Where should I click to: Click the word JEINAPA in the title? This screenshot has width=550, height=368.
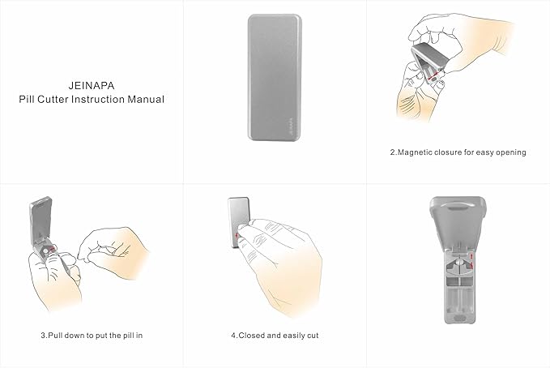(92, 86)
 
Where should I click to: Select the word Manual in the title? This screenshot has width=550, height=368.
(146, 100)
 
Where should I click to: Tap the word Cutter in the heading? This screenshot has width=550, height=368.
(53, 100)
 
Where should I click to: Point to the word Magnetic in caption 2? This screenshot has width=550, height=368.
(415, 152)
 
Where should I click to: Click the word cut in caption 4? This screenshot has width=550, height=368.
(313, 336)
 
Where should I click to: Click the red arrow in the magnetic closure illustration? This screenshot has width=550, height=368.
(433, 75)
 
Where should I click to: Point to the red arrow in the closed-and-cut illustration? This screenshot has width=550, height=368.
(237, 233)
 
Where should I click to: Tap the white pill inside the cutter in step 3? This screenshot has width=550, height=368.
(46, 250)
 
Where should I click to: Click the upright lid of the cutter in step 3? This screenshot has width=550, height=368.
(41, 220)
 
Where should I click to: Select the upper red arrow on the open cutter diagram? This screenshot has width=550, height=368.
(471, 255)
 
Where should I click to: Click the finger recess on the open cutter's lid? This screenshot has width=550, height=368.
(458, 206)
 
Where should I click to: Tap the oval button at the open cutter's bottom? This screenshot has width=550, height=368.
(460, 318)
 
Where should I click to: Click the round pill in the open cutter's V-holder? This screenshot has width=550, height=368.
(459, 262)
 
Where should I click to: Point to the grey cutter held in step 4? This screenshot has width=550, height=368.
(238, 222)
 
